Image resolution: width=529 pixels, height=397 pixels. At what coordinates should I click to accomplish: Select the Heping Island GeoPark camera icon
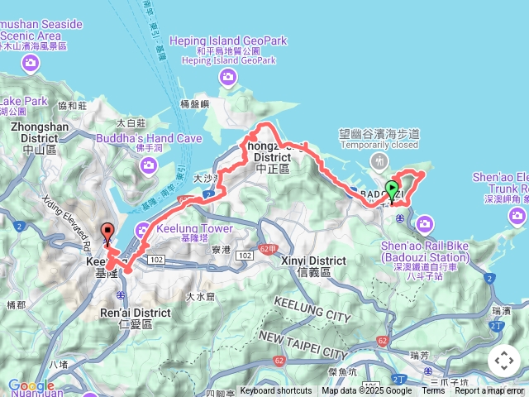[x=228, y=78]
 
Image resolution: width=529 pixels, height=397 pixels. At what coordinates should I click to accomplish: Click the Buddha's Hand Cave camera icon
[x=149, y=165]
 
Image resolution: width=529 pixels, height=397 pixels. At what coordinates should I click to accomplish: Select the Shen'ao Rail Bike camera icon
[x=425, y=223]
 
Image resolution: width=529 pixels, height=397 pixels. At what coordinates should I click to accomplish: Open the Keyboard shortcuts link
[x=276, y=391]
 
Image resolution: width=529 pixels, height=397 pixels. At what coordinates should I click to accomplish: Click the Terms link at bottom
[x=433, y=391]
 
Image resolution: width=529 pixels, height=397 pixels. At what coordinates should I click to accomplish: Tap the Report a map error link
[x=489, y=391]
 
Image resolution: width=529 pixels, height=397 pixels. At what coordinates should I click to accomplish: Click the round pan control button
[x=503, y=361]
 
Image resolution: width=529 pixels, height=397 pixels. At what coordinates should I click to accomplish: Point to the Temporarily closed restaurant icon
[x=379, y=159]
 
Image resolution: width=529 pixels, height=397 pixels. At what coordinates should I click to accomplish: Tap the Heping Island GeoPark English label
[x=228, y=41]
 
